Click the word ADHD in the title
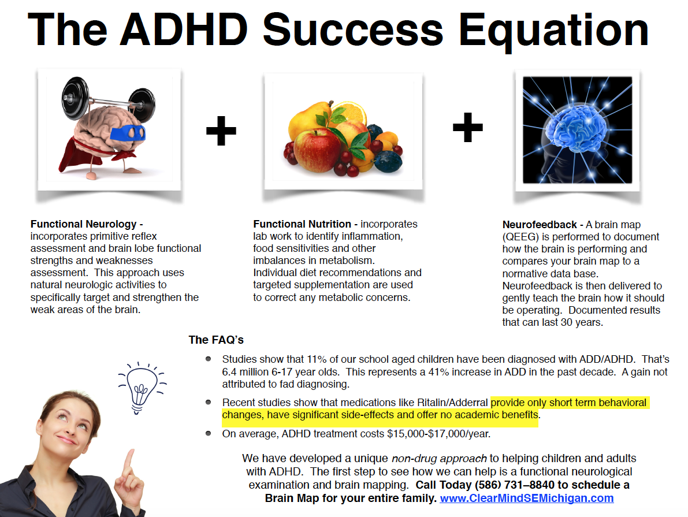(x=184, y=29)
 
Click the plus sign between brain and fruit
(x=221, y=131)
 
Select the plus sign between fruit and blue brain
(x=468, y=127)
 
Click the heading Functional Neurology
(x=83, y=224)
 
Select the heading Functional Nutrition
(x=302, y=224)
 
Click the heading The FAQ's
(x=216, y=340)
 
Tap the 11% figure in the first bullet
(x=317, y=359)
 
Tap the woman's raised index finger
(x=129, y=462)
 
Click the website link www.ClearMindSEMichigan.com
(x=526, y=498)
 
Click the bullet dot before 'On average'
(x=209, y=434)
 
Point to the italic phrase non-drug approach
(x=439, y=459)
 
